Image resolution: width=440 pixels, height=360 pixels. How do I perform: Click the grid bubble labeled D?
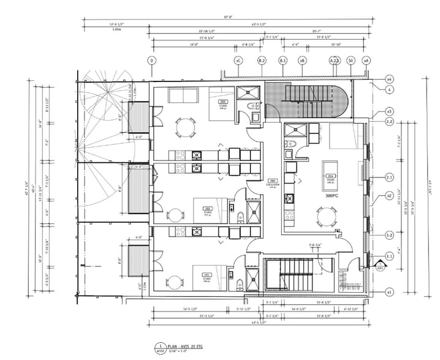[151, 60]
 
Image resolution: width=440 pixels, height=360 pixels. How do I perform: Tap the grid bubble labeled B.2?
[262, 60]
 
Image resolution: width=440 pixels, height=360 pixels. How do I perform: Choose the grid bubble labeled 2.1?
[389, 178]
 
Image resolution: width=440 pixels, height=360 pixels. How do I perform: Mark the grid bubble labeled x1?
[389, 292]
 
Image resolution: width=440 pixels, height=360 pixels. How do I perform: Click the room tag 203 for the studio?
[224, 102]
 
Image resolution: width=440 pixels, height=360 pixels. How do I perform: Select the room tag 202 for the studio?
[207, 208]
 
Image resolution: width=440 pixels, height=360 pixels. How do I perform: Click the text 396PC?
[333, 190]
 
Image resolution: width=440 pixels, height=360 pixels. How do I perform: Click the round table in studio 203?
[184, 127]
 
